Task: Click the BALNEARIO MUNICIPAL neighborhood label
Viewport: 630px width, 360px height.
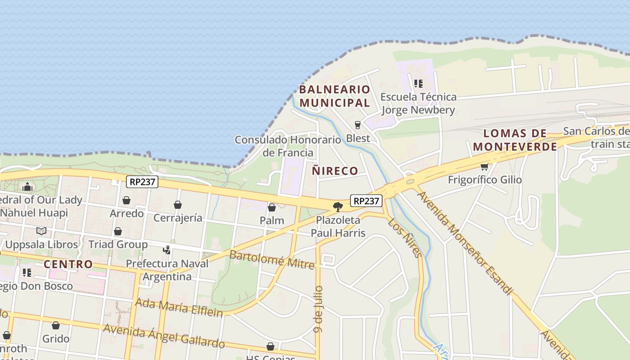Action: pos(334,96)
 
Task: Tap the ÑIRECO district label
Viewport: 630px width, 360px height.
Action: pos(335,171)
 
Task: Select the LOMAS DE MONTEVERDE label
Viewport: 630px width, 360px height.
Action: pos(515,140)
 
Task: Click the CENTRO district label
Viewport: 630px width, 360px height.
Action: pos(68,264)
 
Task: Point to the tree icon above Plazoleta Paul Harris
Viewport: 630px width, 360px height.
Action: pos(338,207)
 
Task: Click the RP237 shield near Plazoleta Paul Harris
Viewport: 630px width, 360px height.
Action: pos(366,201)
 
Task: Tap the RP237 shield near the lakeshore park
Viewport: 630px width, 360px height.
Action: pos(142,182)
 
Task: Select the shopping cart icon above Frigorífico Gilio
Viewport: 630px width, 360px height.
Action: pos(484,167)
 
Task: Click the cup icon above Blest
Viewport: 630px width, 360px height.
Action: pos(358,125)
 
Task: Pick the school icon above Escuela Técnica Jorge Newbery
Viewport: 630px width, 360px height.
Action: pos(418,84)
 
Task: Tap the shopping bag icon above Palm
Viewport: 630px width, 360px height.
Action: pos(272,207)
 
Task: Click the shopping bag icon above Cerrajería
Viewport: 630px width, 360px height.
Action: pos(178,205)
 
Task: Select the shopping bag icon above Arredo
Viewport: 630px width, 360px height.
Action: pos(126,200)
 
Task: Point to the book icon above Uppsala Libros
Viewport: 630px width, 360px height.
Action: pos(41,231)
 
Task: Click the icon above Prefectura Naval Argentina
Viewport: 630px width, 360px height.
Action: pos(167,250)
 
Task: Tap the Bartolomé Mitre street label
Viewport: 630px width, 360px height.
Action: pos(272,260)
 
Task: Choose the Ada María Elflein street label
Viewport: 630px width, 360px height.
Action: pos(179,307)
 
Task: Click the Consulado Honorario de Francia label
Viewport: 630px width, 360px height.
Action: pos(287,146)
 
